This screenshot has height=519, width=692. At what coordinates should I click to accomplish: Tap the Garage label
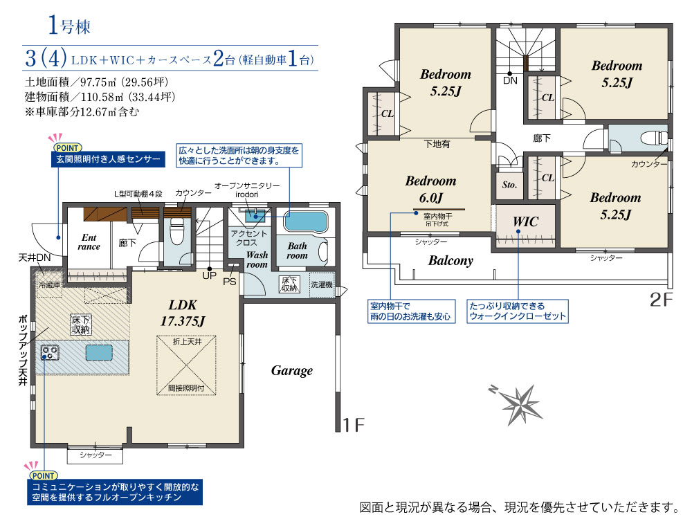click(292, 371)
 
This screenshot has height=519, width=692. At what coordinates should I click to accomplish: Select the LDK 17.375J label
click(183, 313)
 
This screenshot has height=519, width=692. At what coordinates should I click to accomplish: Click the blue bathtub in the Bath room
click(305, 221)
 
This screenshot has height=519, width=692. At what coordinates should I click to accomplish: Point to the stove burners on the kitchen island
click(49, 353)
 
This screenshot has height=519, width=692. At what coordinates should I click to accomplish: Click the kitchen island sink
click(99, 353)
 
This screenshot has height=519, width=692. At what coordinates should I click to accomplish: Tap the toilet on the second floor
click(654, 138)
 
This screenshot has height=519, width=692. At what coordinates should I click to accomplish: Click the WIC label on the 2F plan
click(525, 221)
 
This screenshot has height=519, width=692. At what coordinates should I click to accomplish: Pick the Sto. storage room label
click(509, 185)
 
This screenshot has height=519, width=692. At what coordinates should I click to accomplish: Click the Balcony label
click(450, 260)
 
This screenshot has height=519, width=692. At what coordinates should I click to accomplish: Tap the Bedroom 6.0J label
click(430, 189)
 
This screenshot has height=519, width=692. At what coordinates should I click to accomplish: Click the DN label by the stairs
click(510, 80)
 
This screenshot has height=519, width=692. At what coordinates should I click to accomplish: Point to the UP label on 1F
click(209, 275)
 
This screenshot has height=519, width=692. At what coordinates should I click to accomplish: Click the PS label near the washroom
click(230, 282)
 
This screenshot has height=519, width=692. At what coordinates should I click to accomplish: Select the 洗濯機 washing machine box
click(321, 284)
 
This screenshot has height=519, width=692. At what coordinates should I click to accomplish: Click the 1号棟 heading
click(69, 25)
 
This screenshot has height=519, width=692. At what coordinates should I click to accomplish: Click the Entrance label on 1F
click(89, 242)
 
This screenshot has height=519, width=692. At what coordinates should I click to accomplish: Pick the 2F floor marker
click(661, 300)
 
